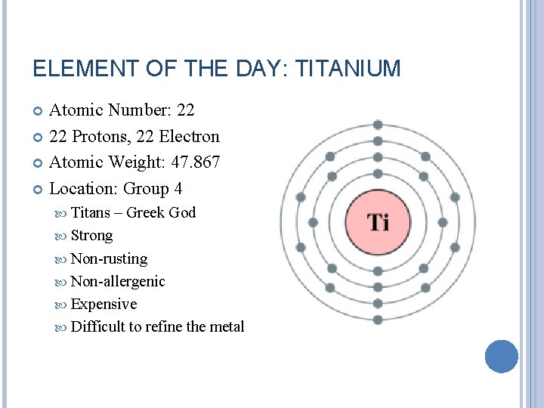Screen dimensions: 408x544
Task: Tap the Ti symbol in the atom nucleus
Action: pyautogui.click(x=378, y=222)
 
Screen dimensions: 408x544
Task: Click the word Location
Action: pyautogui.click(x=82, y=188)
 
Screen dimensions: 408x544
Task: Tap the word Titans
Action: pyautogui.click(x=90, y=213)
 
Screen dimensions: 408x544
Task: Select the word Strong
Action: pyautogui.click(x=91, y=236)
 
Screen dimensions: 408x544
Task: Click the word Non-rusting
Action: pyautogui.click(x=109, y=258)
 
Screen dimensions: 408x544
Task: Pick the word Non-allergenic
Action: pyautogui.click(x=117, y=281)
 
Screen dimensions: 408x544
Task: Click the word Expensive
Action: pyautogui.click(x=104, y=304)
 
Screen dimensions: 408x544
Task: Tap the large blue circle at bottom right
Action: pyautogui.click(x=501, y=357)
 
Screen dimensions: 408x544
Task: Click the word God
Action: pyautogui.click(x=182, y=213)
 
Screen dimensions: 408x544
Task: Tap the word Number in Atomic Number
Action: pyautogui.click(x=139, y=110)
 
